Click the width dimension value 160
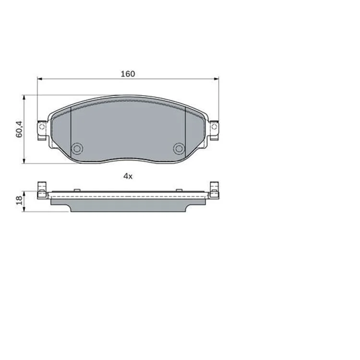128,74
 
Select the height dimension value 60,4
19,129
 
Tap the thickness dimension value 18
19,201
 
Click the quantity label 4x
128,176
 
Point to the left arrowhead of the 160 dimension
40,79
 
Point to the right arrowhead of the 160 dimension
216,79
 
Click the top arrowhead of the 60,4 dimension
24,98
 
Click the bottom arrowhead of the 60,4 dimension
24,161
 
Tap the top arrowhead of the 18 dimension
24,193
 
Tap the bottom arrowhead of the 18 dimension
24,209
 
